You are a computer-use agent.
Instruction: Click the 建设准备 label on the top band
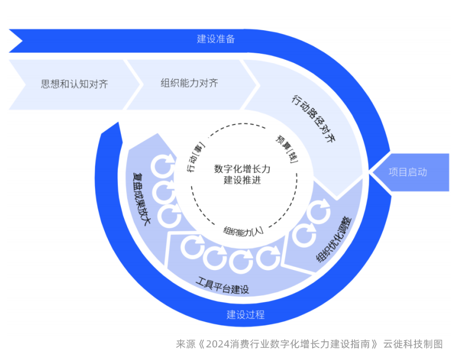point(216,39)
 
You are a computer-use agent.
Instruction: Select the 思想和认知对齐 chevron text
point(75,85)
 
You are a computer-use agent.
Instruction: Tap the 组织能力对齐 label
point(189,83)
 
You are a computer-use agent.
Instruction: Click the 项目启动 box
point(408,172)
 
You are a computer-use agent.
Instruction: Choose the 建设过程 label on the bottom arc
point(246,314)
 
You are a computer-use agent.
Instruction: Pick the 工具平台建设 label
point(222,286)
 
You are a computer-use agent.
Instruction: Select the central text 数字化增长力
point(242,168)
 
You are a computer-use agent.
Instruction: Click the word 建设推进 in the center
point(242,180)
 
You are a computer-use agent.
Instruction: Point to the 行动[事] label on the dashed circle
point(196,157)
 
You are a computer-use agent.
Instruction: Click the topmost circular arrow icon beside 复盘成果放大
point(162,165)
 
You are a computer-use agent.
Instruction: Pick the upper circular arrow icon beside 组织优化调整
point(319,211)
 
